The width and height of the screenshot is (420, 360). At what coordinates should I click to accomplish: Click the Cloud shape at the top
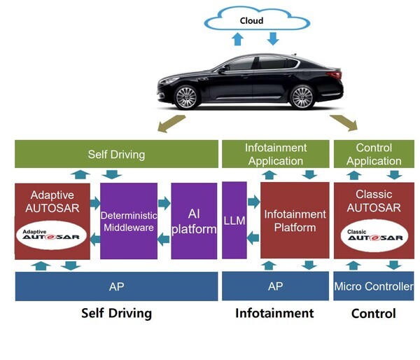tap(251, 21)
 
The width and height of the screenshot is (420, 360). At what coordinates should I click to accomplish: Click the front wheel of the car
tap(187, 97)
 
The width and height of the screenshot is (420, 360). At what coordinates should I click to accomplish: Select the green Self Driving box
tap(116, 154)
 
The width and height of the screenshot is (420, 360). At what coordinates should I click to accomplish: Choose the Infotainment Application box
tap(275, 154)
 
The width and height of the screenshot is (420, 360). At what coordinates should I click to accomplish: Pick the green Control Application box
tap(374, 154)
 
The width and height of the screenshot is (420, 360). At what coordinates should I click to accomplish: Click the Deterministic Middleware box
tap(128, 221)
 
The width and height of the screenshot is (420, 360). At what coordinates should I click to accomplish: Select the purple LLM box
tap(234, 221)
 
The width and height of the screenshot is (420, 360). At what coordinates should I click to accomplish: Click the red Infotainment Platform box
tap(295, 221)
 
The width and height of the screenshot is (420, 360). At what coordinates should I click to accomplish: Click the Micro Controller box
tap(374, 286)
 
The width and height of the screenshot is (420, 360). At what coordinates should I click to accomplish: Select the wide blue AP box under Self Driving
tap(116, 286)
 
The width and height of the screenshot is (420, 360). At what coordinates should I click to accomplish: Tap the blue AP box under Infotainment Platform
tap(275, 286)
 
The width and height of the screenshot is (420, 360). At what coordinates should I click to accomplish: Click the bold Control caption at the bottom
tap(374, 314)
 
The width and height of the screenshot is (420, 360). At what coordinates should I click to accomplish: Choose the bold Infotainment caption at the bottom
tap(275, 313)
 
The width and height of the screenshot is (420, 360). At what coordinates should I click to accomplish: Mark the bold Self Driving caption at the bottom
tap(116, 313)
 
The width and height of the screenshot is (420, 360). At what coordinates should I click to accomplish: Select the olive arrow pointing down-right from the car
tap(343, 124)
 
